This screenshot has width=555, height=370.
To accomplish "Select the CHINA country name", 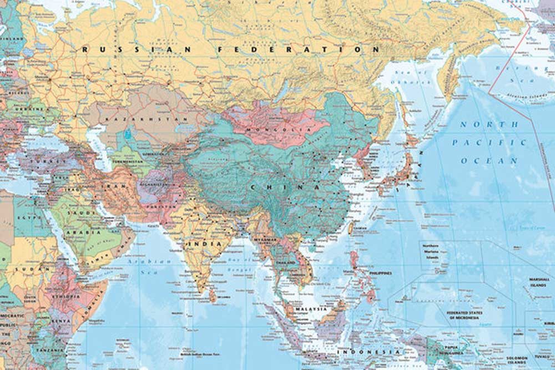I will [x=284, y=187].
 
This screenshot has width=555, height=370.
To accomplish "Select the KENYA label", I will [x=62, y=321].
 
